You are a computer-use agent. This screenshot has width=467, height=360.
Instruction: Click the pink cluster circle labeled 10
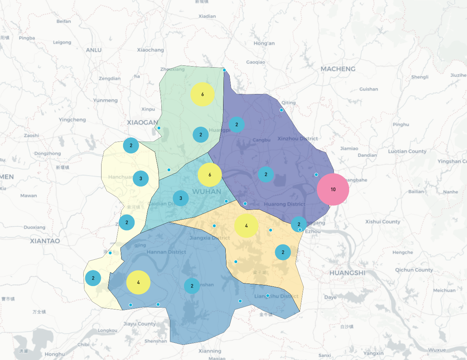coord(333,189)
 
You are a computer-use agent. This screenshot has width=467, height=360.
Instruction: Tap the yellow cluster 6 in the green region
coord(202,94)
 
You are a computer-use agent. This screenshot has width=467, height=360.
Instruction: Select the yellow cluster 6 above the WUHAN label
coord(210,175)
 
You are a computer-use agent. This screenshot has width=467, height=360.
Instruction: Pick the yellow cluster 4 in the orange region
coord(246,226)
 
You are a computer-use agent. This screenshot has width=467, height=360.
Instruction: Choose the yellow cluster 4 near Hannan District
coord(138,282)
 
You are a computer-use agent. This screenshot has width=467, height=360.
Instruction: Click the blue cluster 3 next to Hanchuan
coord(141,178)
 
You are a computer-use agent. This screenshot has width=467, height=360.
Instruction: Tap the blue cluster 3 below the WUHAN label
coord(181,198)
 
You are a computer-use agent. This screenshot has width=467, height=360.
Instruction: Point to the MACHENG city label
coord(338,69)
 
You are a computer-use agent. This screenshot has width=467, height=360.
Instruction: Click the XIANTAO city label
coord(45,241)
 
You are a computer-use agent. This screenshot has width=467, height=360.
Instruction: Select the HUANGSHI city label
coord(347,273)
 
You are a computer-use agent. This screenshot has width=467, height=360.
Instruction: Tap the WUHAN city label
coord(207,191)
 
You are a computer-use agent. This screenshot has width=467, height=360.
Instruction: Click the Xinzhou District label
coord(297,139)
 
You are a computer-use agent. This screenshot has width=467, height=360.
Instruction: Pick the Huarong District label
coord(284,204)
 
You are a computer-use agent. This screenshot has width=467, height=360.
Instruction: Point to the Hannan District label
coord(166,252)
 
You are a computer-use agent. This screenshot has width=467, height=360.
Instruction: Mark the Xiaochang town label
coord(150,50)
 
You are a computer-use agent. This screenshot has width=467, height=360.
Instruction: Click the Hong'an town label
coord(264,43)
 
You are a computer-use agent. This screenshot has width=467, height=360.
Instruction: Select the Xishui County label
coord(383,221)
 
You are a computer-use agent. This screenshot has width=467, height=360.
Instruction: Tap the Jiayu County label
coord(139,324)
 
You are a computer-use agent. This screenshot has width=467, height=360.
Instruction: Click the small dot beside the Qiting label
coord(281,110)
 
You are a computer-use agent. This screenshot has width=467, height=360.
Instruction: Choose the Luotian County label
coord(407,151)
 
